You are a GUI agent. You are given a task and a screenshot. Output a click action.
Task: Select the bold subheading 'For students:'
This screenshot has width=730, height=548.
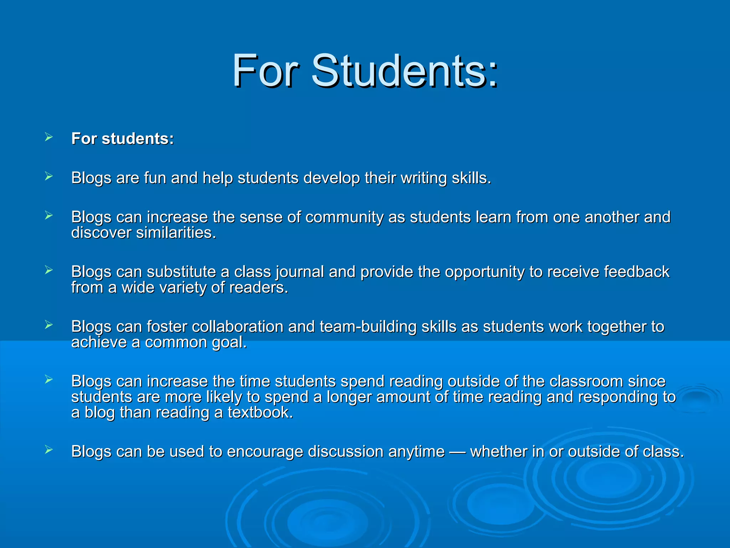click(123, 138)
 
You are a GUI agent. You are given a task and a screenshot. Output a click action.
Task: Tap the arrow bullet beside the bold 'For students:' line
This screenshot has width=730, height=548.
click(49, 137)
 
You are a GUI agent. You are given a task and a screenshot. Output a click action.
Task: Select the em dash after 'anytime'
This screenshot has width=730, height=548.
click(458, 452)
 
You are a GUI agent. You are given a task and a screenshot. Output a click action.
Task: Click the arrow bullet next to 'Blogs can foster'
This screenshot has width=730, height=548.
click(49, 325)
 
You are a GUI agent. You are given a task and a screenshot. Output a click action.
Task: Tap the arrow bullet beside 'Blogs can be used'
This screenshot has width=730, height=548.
click(49, 450)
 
